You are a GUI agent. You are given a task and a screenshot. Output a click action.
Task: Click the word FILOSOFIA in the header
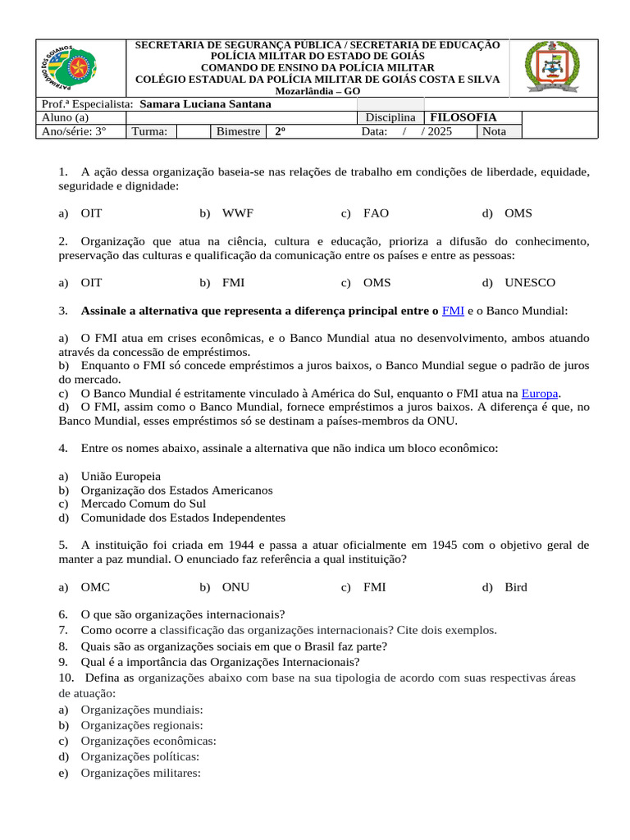pos(463,117)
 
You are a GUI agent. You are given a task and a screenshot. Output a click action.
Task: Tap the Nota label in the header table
pos(495,131)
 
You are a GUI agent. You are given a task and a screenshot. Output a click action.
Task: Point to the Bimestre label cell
pos(238,131)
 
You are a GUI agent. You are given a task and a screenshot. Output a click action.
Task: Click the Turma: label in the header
pos(149,131)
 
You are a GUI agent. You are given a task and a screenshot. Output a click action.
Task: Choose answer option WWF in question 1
pos(237,213)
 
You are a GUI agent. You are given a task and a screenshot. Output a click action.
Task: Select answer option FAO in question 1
pos(376,213)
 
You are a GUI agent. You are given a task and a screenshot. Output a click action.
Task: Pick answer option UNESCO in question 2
pos(530,283)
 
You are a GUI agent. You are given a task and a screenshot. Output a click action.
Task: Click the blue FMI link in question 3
pos(453,311)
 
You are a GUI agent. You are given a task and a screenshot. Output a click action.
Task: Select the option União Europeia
pos(121,476)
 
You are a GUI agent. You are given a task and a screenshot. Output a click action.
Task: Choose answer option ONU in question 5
pos(235,587)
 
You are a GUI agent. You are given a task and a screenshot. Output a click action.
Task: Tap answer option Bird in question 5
pos(516,587)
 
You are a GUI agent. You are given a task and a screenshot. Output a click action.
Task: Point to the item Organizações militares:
pos(140,772)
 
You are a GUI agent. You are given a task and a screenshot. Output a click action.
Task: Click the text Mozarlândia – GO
pos(317,91)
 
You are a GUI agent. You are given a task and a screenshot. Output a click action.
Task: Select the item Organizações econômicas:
pos(148,741)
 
